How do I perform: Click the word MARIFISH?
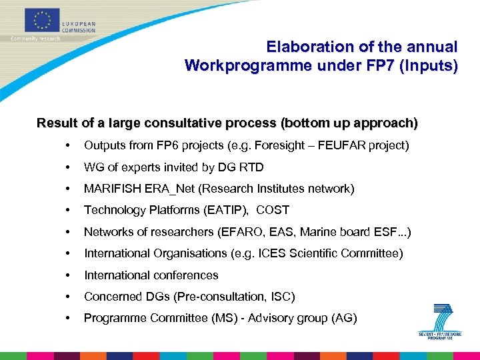(112, 189)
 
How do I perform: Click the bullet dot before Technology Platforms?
(68, 210)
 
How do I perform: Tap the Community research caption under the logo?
(35, 39)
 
